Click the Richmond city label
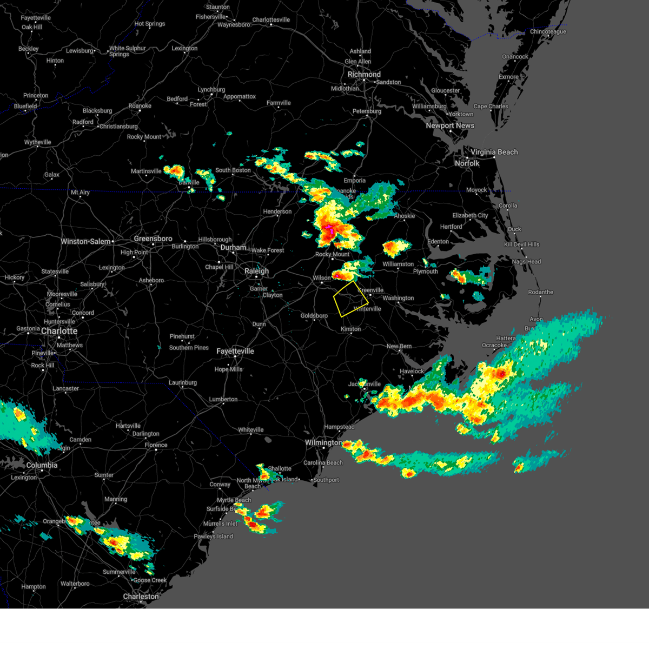(x=364, y=75)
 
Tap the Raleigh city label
(x=256, y=271)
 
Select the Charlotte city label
(x=59, y=331)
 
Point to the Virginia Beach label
(x=494, y=152)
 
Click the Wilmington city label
(x=323, y=442)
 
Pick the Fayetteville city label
(x=235, y=351)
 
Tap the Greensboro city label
(x=153, y=239)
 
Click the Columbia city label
(x=42, y=465)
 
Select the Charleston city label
(x=141, y=597)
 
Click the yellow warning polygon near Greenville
(x=350, y=299)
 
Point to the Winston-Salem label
(x=85, y=242)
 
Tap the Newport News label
(x=450, y=125)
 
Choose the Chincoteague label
(x=548, y=32)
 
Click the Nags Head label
(x=526, y=262)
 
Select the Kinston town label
(x=350, y=329)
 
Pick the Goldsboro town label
(x=314, y=316)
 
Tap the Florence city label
(x=156, y=445)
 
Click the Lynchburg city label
(x=211, y=90)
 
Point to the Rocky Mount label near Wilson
(x=332, y=254)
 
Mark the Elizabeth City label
(x=470, y=215)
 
